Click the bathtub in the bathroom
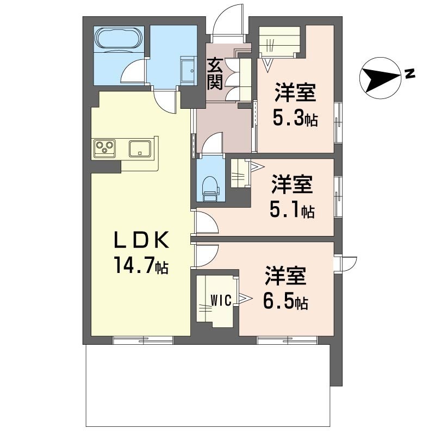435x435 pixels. [x=119, y=39]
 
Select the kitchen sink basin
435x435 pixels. [x=140, y=148]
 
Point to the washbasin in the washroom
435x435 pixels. [x=189, y=71]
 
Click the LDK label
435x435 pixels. [x=141, y=240]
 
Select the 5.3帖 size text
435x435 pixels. [x=295, y=118]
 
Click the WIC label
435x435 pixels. [x=221, y=301]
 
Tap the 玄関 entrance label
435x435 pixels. [x=215, y=74]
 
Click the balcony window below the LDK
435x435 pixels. [x=143, y=340]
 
